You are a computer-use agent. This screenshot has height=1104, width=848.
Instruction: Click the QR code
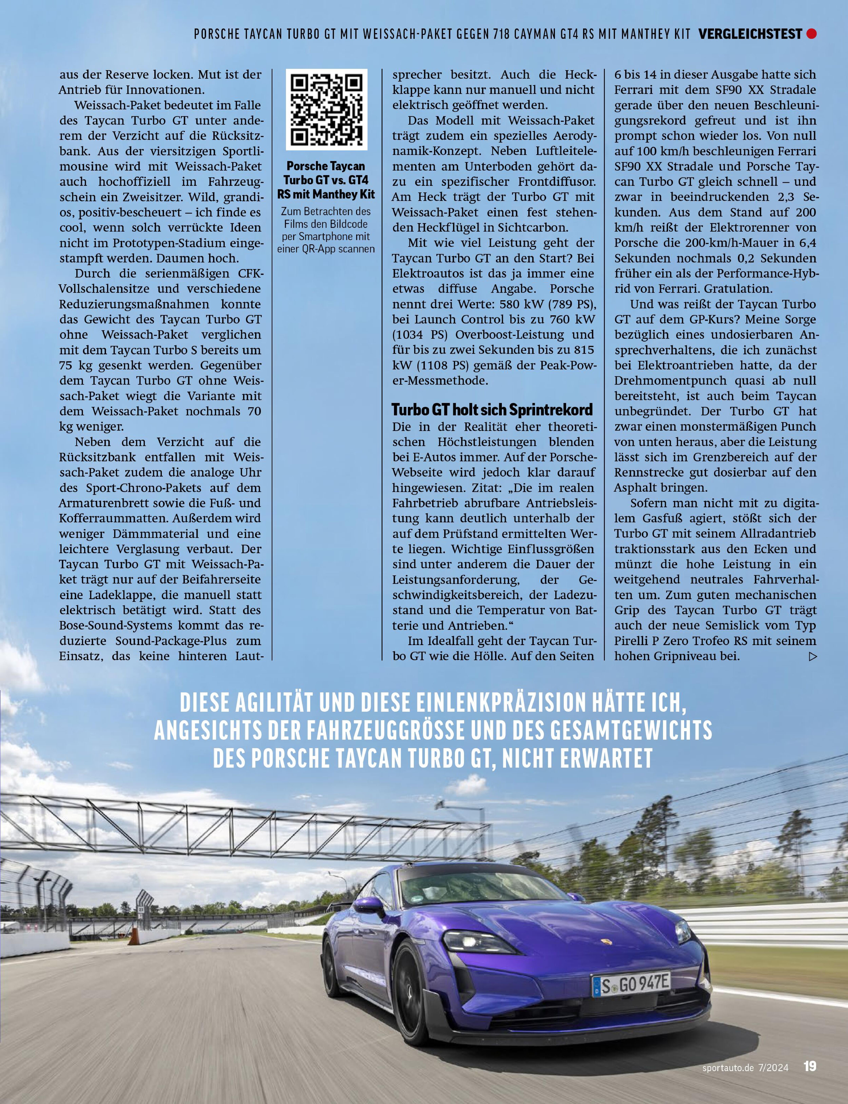point(327,110)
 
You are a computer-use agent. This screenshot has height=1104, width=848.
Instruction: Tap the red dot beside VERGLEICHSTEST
point(812,34)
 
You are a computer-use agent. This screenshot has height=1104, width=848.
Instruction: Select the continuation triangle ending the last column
point(812,656)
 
